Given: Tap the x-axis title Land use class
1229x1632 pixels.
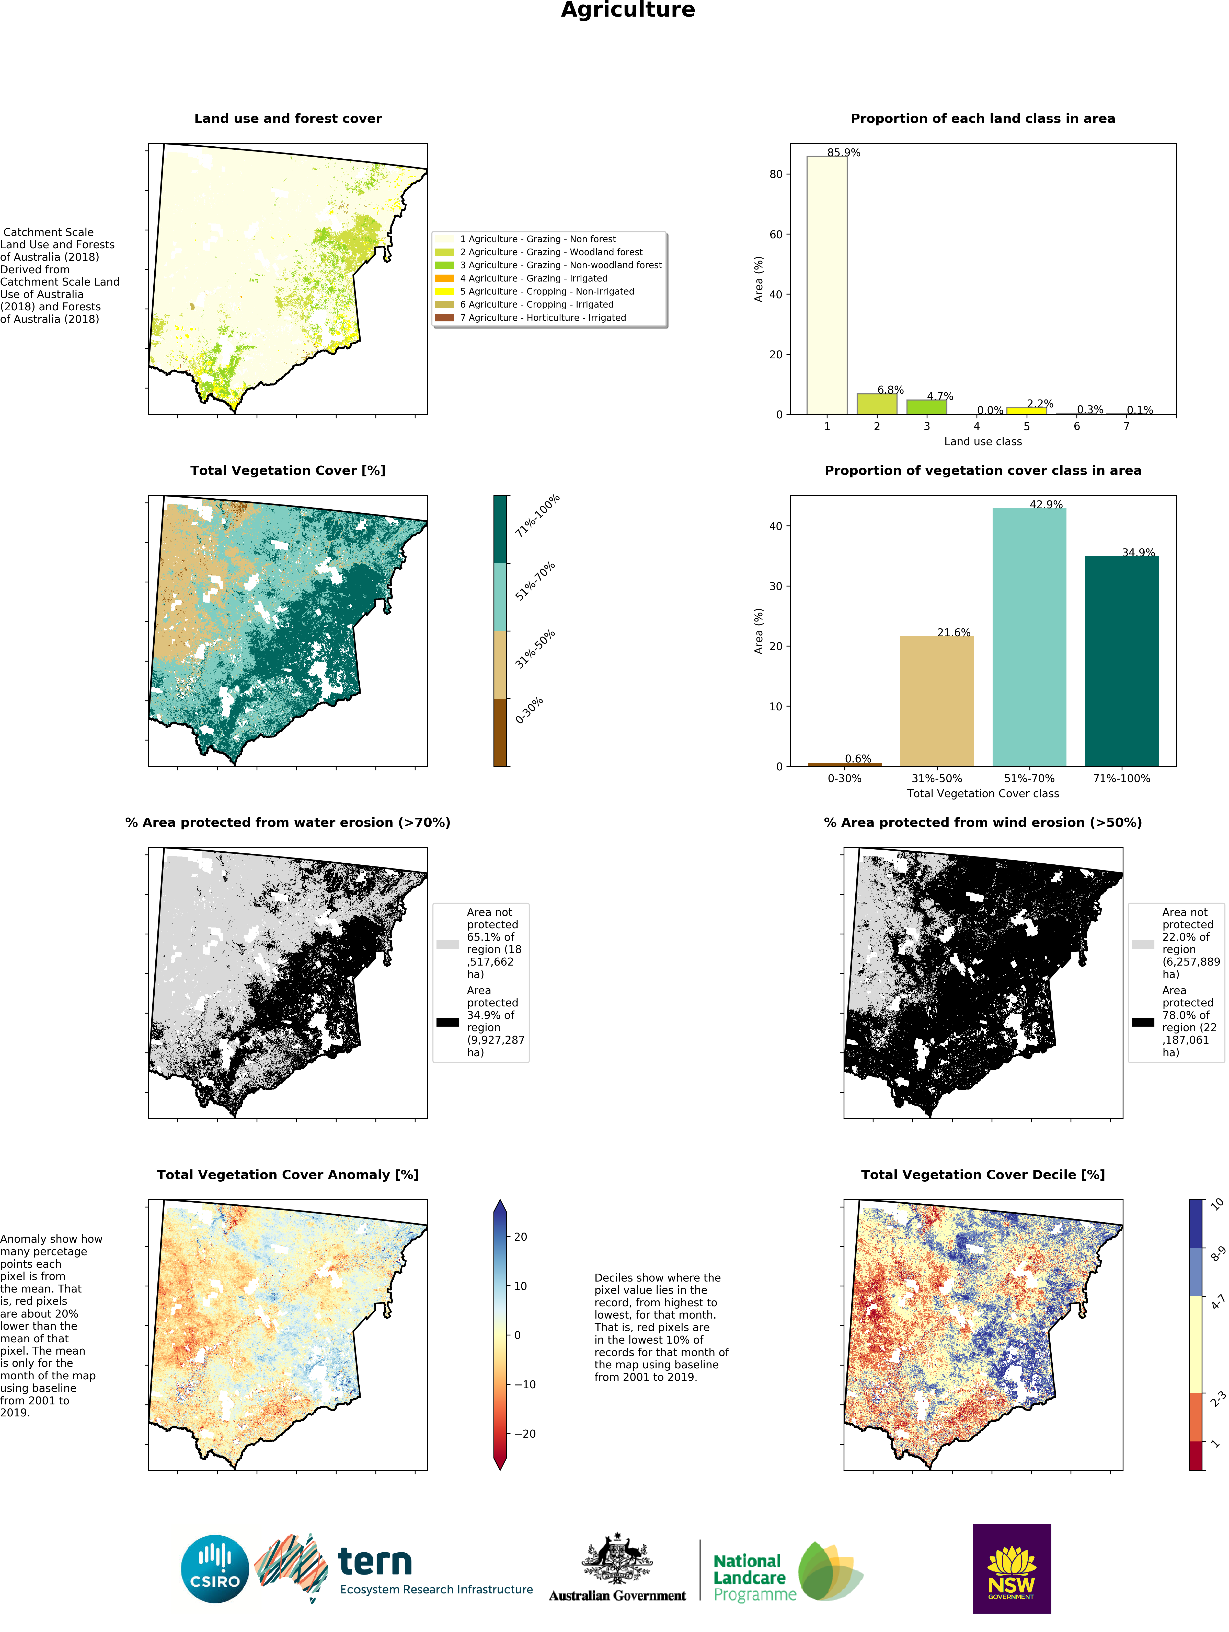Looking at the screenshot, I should point(982,441).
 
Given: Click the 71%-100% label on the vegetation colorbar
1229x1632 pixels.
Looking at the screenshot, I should point(537,515).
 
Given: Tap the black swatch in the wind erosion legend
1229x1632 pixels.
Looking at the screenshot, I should point(1143,1022).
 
